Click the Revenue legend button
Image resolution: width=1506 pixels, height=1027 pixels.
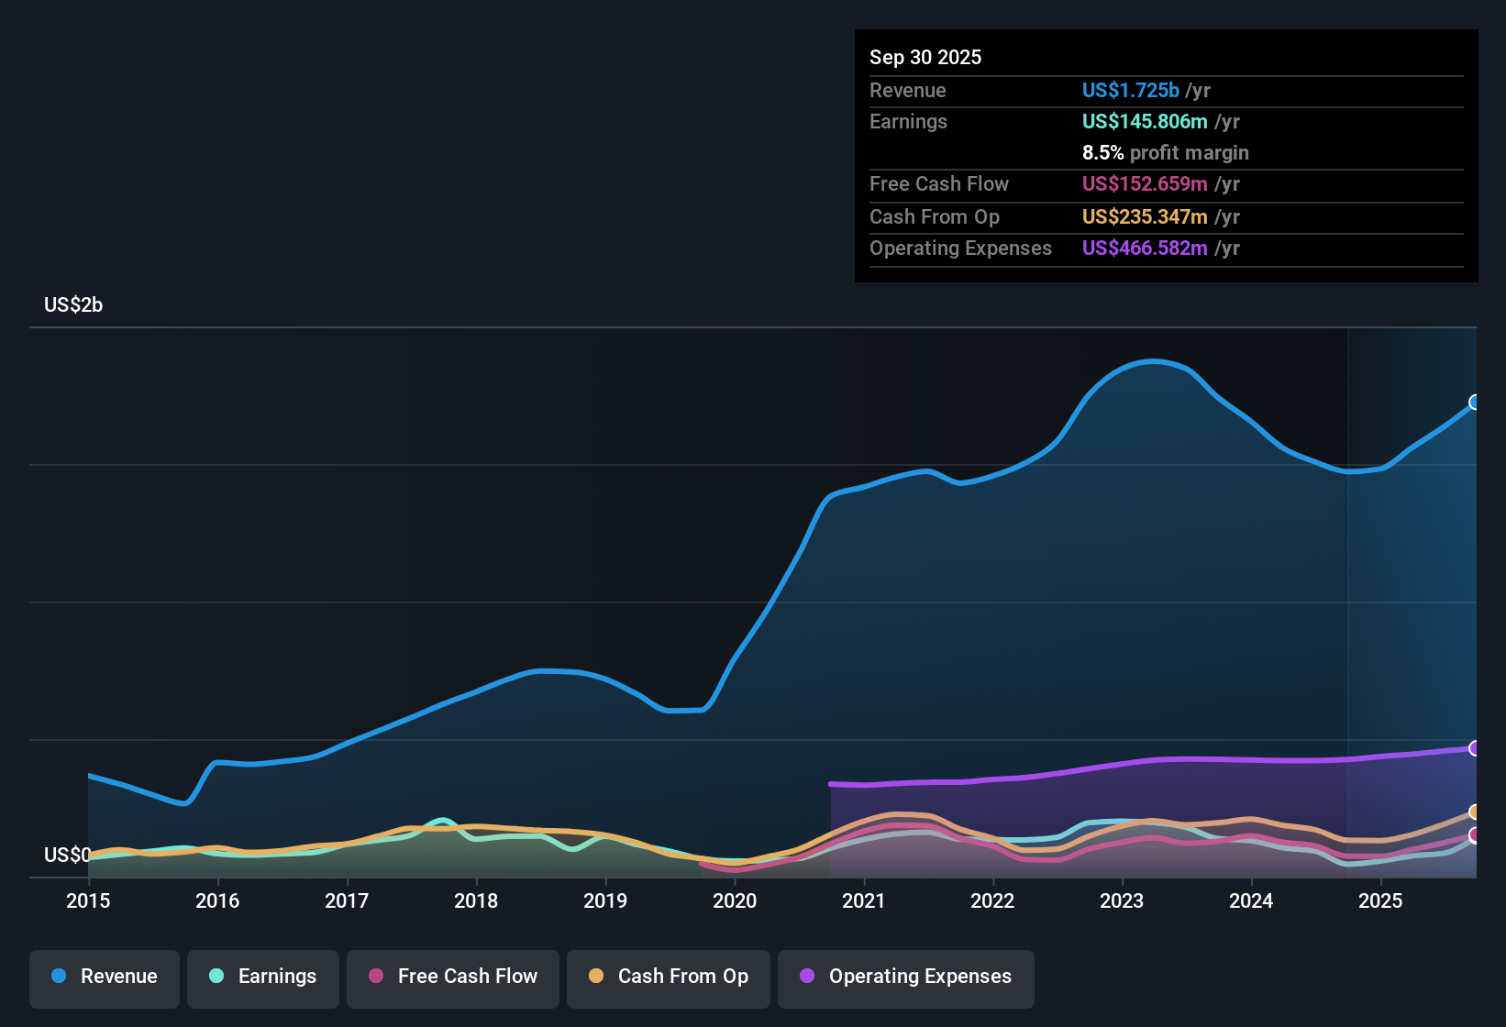pos(105,977)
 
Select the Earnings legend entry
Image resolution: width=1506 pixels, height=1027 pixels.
pos(263,977)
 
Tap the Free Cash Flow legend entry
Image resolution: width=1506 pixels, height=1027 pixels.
pos(453,977)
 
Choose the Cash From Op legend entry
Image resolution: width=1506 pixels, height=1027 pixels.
pos(669,977)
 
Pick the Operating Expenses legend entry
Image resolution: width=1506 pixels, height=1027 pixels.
pos(906,977)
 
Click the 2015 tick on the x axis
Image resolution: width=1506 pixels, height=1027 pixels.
pos(88,900)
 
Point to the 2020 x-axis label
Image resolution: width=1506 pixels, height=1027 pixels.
pos(735,900)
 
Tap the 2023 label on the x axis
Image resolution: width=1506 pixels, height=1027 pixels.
pos(1122,900)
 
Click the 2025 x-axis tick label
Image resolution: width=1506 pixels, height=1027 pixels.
pos(1380,900)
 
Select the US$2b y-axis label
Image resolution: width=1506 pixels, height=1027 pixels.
pos(73,305)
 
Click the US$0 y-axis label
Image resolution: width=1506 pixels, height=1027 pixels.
pos(67,855)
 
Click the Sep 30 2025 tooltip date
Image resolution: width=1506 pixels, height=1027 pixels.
pos(925,57)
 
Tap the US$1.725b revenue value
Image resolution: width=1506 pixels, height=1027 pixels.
pos(1130,90)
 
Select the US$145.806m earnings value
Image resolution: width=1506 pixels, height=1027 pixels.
pos(1144,121)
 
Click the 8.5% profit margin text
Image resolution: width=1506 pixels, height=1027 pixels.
pos(1165,152)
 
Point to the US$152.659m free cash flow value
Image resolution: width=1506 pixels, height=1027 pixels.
pos(1144,183)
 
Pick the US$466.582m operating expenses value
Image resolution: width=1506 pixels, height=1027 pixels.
pos(1144,248)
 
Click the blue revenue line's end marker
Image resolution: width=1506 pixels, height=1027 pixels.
pos(1475,402)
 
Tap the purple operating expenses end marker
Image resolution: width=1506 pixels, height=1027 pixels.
pos(1475,748)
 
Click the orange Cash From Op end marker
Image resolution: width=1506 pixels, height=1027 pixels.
pos(1475,812)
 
